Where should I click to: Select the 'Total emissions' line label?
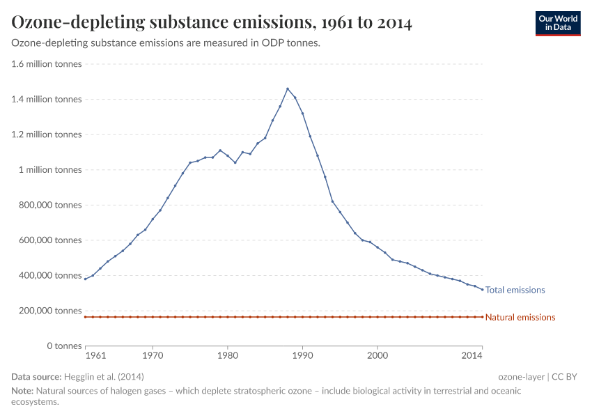515,290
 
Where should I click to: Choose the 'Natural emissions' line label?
520,318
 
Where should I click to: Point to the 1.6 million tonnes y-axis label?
47,64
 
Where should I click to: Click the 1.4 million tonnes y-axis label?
47,100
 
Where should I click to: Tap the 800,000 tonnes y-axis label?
49,205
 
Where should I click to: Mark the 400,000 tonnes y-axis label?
49,275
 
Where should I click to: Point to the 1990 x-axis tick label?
302,356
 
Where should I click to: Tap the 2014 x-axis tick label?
472,356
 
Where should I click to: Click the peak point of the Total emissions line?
288,88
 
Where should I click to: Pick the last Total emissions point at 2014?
482,290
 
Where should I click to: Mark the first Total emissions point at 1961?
86,279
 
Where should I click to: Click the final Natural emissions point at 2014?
482,317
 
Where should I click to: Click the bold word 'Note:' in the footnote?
22,391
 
